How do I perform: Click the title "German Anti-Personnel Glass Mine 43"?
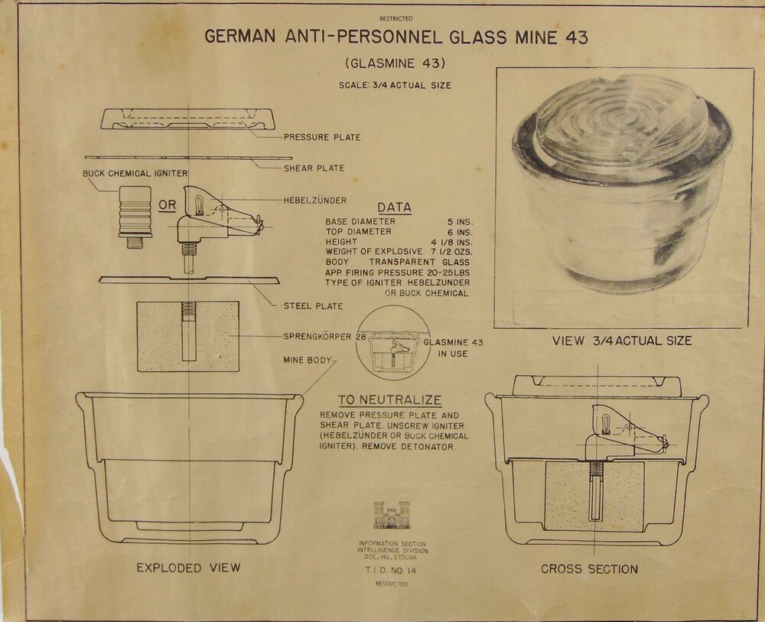coord(396,37)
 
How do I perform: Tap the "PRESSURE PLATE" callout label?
coord(322,138)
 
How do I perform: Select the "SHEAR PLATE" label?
coord(314,168)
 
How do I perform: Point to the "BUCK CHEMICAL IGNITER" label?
coord(135,174)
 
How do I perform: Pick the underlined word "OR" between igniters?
coord(168,205)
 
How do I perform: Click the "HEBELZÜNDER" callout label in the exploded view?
coord(315,200)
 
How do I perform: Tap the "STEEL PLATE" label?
coord(313,306)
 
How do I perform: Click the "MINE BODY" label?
coord(308,360)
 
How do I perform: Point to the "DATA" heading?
coord(394,208)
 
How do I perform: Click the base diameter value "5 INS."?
coord(460,222)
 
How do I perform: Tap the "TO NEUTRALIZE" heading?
coord(390,400)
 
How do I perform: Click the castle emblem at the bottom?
coord(392,515)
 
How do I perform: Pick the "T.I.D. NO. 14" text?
coord(391,570)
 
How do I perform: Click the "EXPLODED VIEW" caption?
coord(188,568)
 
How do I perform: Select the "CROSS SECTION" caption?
coord(589,569)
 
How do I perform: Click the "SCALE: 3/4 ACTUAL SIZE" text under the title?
coord(396,86)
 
